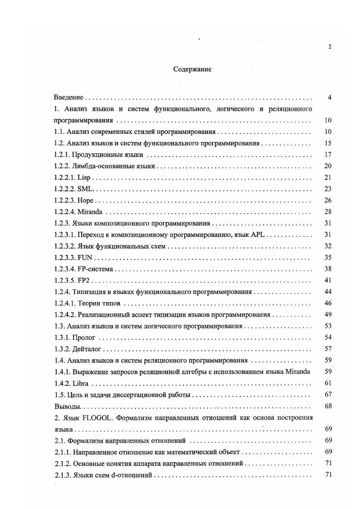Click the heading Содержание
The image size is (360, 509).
point(192,69)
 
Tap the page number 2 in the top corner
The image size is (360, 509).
point(330,47)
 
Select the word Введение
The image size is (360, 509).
point(68,98)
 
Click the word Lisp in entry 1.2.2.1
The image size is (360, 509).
point(85,177)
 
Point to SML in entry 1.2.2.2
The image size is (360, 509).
point(85,189)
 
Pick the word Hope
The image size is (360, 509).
point(86,200)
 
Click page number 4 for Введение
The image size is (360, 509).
point(330,98)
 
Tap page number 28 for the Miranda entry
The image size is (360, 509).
point(328,212)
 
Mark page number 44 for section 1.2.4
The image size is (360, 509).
point(328,292)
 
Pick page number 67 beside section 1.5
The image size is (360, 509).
point(328,395)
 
